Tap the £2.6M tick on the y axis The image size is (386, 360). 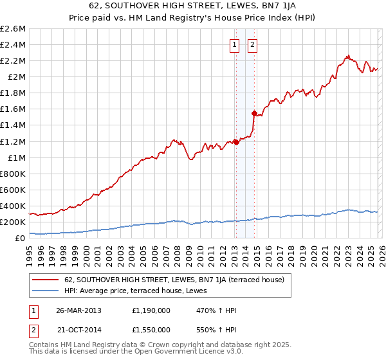(x=14, y=29)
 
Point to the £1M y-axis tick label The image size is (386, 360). (x=16, y=157)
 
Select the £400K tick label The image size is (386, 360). (x=14, y=206)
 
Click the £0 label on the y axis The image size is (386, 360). (x=21, y=238)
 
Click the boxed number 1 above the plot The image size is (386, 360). (x=235, y=44)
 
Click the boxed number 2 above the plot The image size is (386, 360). (x=252, y=44)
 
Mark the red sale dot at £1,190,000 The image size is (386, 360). (x=235, y=142)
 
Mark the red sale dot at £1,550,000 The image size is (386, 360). (x=253, y=113)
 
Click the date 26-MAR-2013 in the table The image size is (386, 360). (x=79, y=309)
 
